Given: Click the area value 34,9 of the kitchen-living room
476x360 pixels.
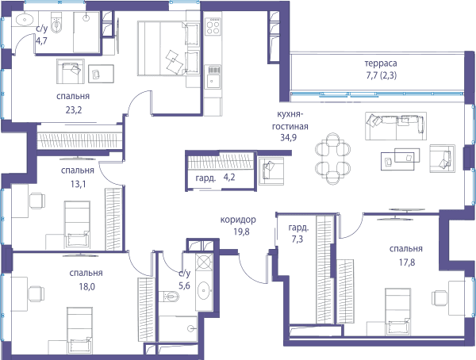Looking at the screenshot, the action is [x=289, y=137].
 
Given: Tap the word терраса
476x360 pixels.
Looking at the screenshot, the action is [x=381, y=63].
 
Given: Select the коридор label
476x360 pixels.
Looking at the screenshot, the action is [x=238, y=220].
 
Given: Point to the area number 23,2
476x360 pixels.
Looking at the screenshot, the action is [x=74, y=110].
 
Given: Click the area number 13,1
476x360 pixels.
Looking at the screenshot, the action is [x=78, y=184].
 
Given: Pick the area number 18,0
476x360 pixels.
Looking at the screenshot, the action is [x=86, y=286].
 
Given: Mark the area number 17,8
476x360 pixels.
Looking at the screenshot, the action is [x=407, y=262].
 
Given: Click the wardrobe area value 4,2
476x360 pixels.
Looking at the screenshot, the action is [x=229, y=178].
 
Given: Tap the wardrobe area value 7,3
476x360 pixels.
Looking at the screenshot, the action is [x=297, y=239].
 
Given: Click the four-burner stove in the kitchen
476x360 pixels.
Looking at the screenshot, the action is [x=213, y=27].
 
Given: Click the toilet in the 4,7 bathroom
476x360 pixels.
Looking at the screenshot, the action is [x=56, y=22].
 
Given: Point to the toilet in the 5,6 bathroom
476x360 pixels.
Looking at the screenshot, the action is [x=169, y=296].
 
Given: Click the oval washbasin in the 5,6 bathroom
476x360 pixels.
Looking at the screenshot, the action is [x=203, y=290].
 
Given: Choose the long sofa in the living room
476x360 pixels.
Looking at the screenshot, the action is [x=396, y=126].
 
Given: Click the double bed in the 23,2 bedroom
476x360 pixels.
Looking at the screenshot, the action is [x=168, y=48].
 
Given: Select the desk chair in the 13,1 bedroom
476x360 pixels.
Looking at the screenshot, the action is [x=37, y=201].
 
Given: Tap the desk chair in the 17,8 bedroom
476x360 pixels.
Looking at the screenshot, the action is [x=440, y=298].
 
